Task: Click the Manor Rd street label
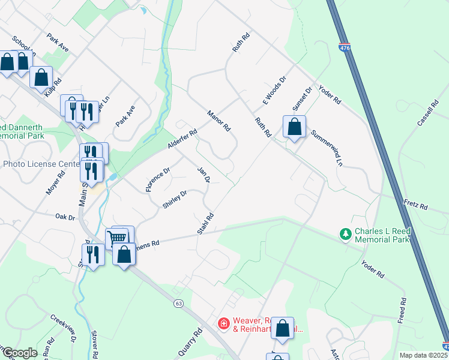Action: [218, 121]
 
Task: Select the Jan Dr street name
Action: [203, 175]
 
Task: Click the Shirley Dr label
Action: [175, 199]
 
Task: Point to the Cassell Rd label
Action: [428, 113]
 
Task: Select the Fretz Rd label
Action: [415, 205]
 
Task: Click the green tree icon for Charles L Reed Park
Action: [345, 233]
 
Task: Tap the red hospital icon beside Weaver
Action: [223, 324]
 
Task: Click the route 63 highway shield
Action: [178, 304]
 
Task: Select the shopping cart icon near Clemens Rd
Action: [118, 237]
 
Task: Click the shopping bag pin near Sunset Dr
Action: [294, 127]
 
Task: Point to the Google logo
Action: [20, 352]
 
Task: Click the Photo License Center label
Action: [40, 163]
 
